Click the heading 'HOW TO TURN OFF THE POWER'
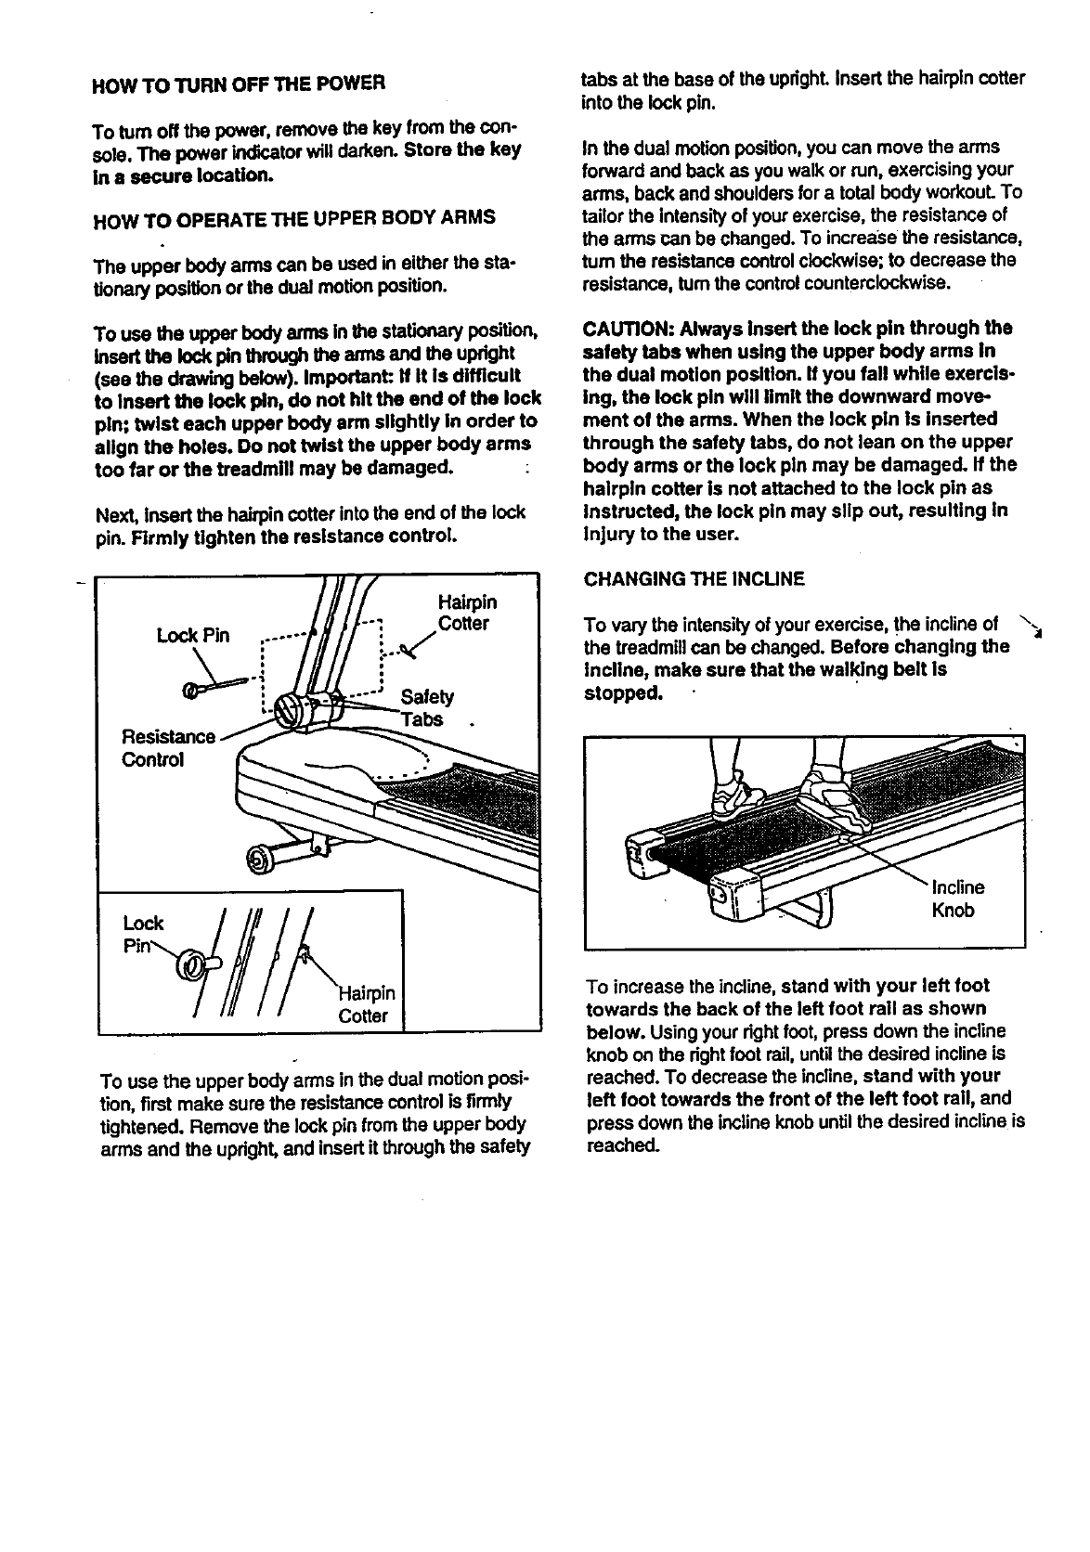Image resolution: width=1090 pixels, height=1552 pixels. click(x=239, y=84)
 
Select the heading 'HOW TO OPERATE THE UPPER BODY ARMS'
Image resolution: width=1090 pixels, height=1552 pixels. click(x=295, y=218)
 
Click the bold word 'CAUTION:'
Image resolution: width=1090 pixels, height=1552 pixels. click(x=628, y=330)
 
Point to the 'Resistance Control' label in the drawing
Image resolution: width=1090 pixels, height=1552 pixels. click(x=167, y=748)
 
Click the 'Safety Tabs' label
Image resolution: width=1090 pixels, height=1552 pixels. click(x=426, y=708)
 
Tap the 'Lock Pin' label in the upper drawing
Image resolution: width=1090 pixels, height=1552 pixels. click(x=192, y=636)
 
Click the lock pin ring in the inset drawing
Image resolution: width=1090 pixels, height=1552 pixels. click(x=191, y=968)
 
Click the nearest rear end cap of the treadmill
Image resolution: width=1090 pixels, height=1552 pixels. click(x=731, y=898)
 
